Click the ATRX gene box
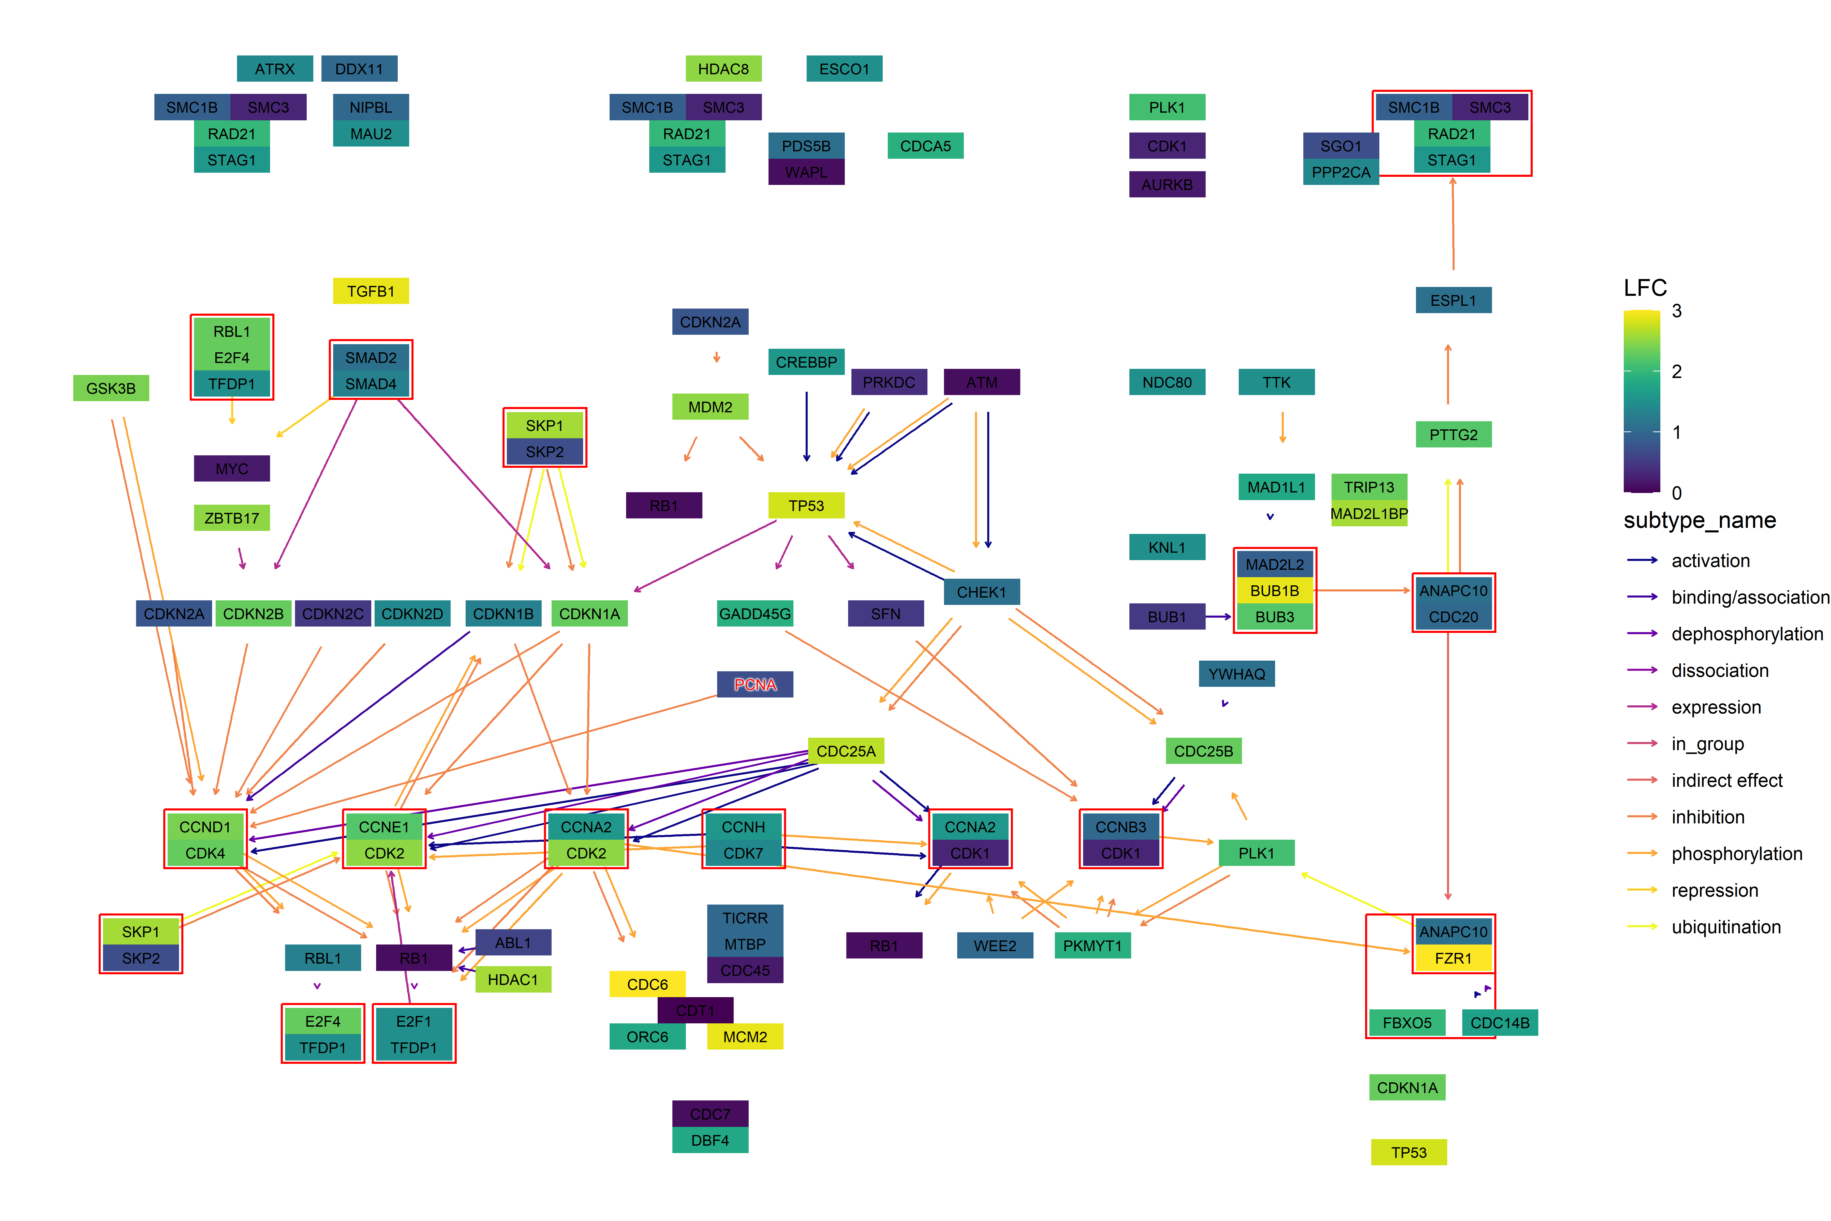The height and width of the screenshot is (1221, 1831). pyautogui.click(x=275, y=68)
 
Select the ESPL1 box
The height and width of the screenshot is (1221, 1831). pyautogui.click(x=1453, y=300)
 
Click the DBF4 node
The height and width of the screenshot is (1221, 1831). pyautogui.click(x=710, y=1140)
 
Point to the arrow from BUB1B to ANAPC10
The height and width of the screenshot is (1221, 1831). pyautogui.click(x=1362, y=590)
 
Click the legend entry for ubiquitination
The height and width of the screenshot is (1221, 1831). pyautogui.click(x=1726, y=927)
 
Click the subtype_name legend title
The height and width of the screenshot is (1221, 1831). pyautogui.click(x=1700, y=520)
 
